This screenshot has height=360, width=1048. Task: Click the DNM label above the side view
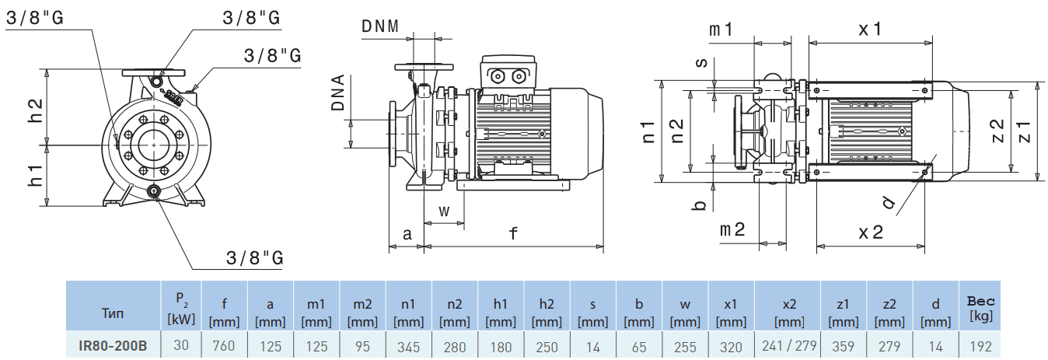point(380,26)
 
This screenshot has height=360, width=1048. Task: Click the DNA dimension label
point(339,94)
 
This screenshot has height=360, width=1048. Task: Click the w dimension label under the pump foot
point(444,211)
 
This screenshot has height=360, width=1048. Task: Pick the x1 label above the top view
point(870,29)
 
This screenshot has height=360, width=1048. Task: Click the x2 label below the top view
point(871,232)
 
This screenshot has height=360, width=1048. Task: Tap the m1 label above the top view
point(721,30)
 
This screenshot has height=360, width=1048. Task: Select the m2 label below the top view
point(732,229)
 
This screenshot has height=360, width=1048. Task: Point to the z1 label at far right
point(1023,131)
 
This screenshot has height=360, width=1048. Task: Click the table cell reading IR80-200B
point(113,345)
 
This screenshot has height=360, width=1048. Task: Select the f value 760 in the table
point(224,345)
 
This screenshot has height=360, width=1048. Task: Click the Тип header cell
point(113,313)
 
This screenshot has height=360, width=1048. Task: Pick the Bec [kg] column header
point(981,308)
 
